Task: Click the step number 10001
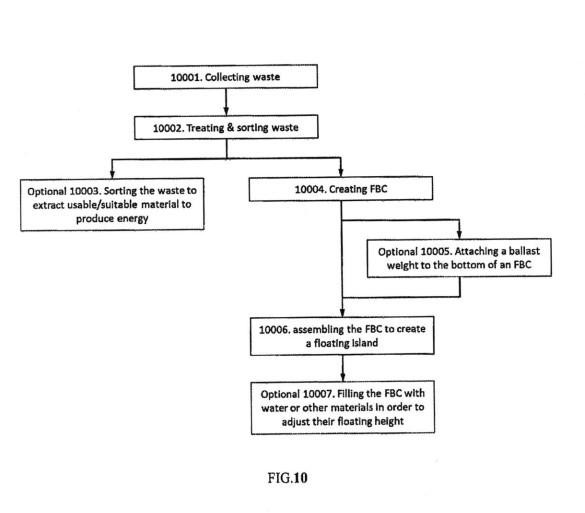tap(186, 78)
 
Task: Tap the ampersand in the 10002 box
tap(230, 127)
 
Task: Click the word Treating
tap(204, 128)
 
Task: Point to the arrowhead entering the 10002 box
tap(226, 111)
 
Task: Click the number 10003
tap(85, 191)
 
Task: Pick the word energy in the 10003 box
tap(132, 219)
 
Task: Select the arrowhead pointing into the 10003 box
tap(112, 173)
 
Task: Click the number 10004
tap(310, 190)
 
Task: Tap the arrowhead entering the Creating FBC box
tap(340, 171)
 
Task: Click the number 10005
tap(436, 251)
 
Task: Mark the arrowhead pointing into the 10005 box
tap(459, 234)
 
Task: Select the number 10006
tap(274, 330)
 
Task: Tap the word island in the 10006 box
tap(365, 342)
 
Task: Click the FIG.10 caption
tap(287, 478)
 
